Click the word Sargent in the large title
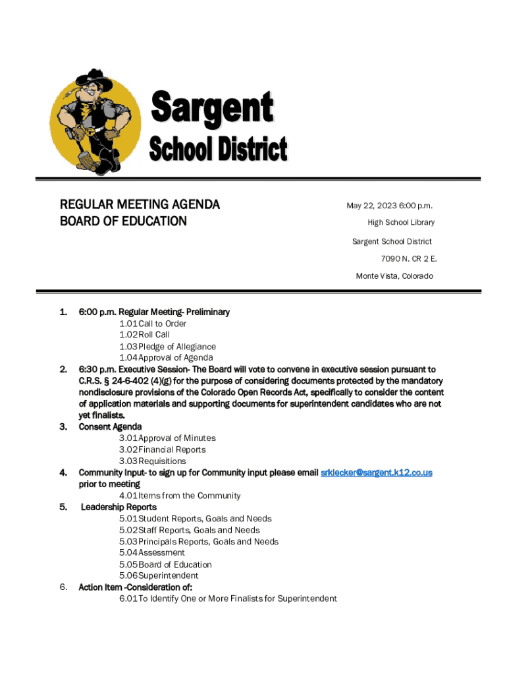click(212, 107)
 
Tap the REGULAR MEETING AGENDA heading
click(140, 205)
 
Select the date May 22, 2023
click(375, 206)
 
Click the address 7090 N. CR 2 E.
click(408, 258)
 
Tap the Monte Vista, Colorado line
click(394, 276)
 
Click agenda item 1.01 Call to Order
click(153, 324)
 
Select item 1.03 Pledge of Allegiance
click(167, 347)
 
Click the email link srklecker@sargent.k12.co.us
click(376, 473)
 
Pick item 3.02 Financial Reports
click(163, 450)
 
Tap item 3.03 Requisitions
click(153, 461)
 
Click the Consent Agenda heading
click(110, 426)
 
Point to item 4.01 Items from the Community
click(180, 496)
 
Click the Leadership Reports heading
click(119, 507)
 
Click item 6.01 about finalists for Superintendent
click(228, 599)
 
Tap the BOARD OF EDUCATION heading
click(123, 221)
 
